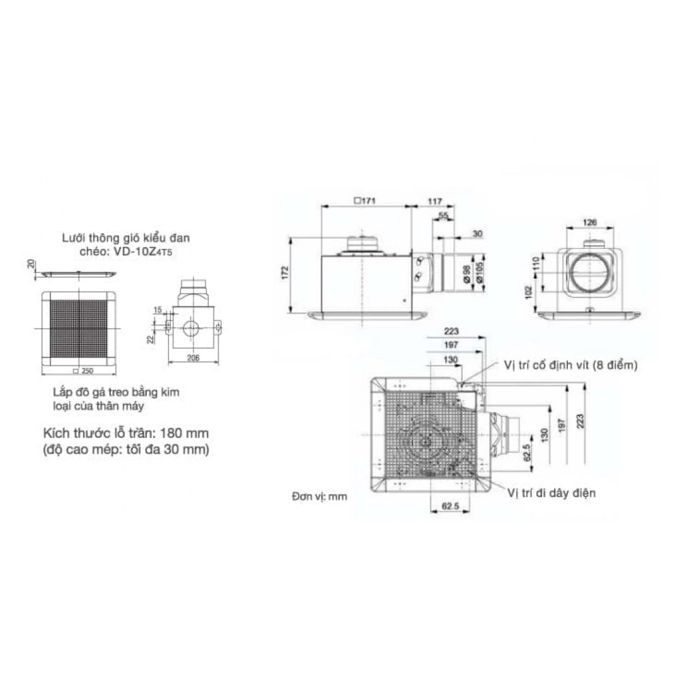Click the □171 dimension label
click(365, 201)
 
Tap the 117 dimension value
click(435, 202)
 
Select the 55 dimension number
click(444, 216)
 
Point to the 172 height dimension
click(286, 272)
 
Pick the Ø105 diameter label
click(479, 272)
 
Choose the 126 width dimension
click(590, 222)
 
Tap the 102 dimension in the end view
click(528, 292)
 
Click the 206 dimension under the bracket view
click(193, 358)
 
